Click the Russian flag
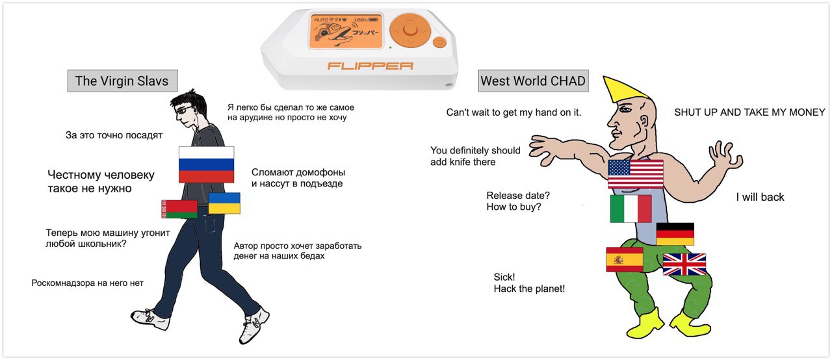(206, 164)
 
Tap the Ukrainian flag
(224, 203)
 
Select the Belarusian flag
(179, 209)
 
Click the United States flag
(636, 174)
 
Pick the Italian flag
(630, 209)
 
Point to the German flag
(675, 234)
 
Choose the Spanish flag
(625, 259)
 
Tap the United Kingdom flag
(684, 264)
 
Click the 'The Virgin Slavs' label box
(123, 81)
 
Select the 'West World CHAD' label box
(533, 81)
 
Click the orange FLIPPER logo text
(370, 66)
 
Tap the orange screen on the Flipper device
(346, 31)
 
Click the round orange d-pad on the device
(410, 30)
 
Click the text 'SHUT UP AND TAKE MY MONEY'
(749, 112)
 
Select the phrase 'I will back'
(760, 197)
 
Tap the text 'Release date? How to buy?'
(518, 201)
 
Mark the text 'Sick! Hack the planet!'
(529, 283)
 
